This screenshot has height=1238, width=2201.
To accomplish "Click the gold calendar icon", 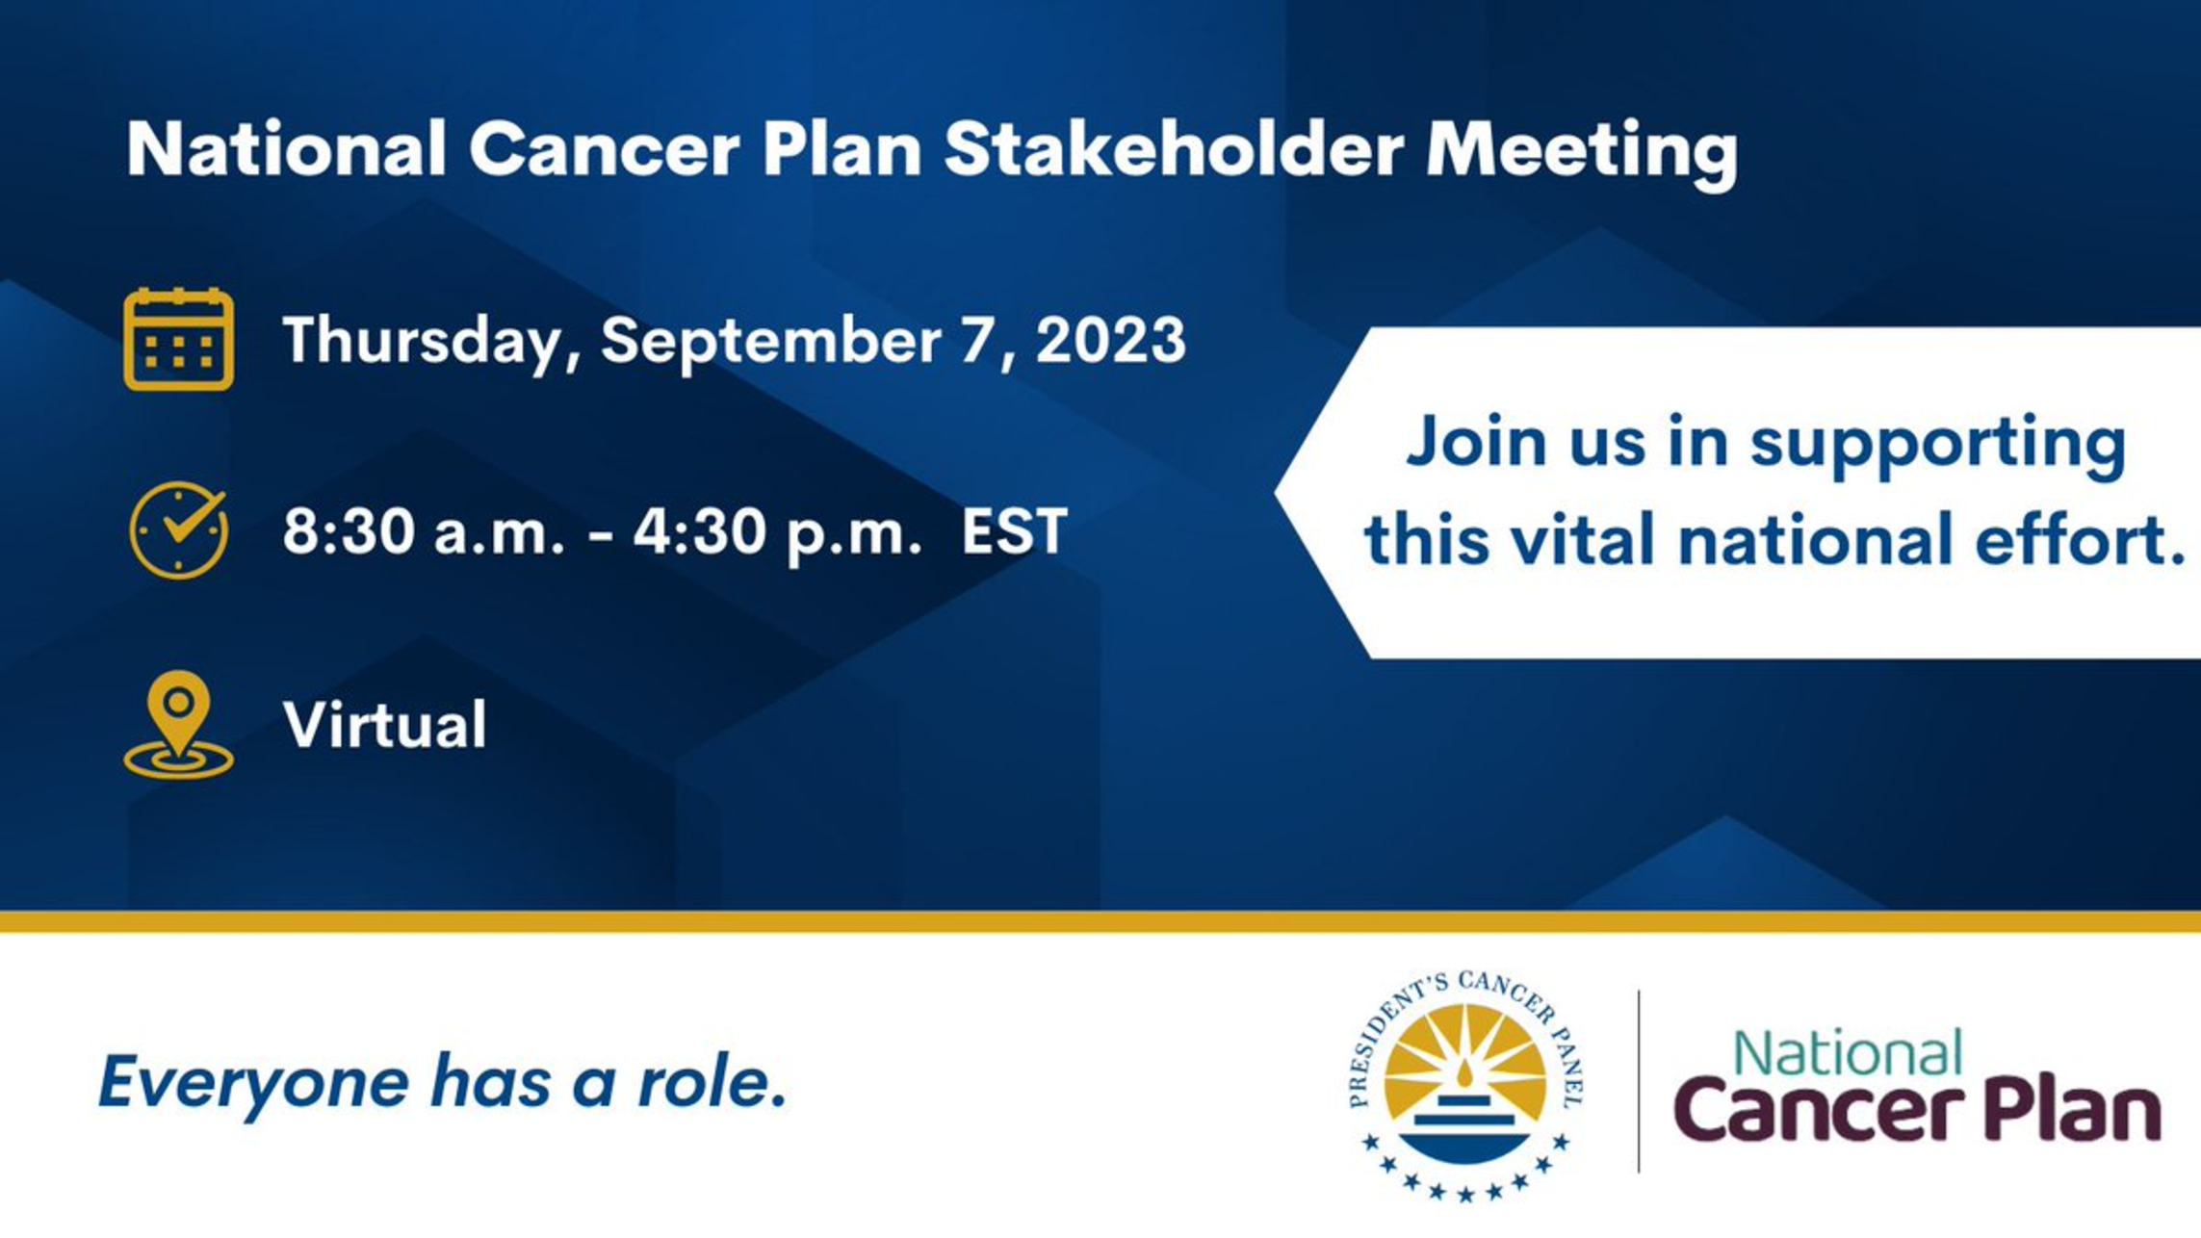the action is tap(178, 339).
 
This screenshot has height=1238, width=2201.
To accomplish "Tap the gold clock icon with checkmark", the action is tap(179, 529).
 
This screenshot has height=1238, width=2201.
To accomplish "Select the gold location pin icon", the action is tap(179, 724).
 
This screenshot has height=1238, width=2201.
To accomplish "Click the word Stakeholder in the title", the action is tap(1174, 149).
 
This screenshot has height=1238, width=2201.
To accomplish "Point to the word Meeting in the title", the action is tap(1582, 154).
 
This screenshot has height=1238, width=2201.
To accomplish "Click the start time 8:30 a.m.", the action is tap(424, 531).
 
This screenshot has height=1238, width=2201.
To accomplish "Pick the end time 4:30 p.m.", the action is tap(778, 533).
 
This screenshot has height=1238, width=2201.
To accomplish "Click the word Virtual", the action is tap(384, 724).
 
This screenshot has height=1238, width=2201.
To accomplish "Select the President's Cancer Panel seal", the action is tap(1465, 1086).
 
